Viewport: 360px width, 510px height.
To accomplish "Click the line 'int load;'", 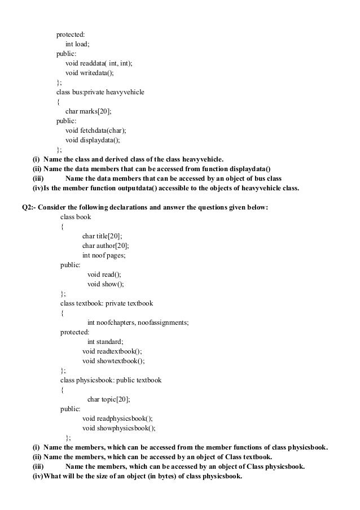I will pos(79,44).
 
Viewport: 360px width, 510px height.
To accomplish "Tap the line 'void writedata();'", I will pos(89,73).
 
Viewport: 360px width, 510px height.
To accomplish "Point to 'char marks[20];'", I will pos(89,111).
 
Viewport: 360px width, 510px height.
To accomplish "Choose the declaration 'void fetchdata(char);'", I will pos(96,130).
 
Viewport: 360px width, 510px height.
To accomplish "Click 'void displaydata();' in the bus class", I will pos(93,140).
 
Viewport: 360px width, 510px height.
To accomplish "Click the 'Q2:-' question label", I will pos(28,207).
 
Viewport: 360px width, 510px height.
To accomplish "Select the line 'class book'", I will pos(76,217).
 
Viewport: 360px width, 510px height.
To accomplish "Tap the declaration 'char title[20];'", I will pos(102,236).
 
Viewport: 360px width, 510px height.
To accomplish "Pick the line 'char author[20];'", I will pos(106,246).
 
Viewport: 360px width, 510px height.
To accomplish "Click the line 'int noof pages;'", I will pos(104,255).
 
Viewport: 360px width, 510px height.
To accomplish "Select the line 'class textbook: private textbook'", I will pos(107,303).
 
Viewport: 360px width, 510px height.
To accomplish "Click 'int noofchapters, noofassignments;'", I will pos(138,322).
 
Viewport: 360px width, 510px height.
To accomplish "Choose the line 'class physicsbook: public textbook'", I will pos(111,380).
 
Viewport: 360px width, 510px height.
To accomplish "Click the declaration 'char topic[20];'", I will pos(108,399).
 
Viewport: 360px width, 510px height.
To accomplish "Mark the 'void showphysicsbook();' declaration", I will pos(118,428).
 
